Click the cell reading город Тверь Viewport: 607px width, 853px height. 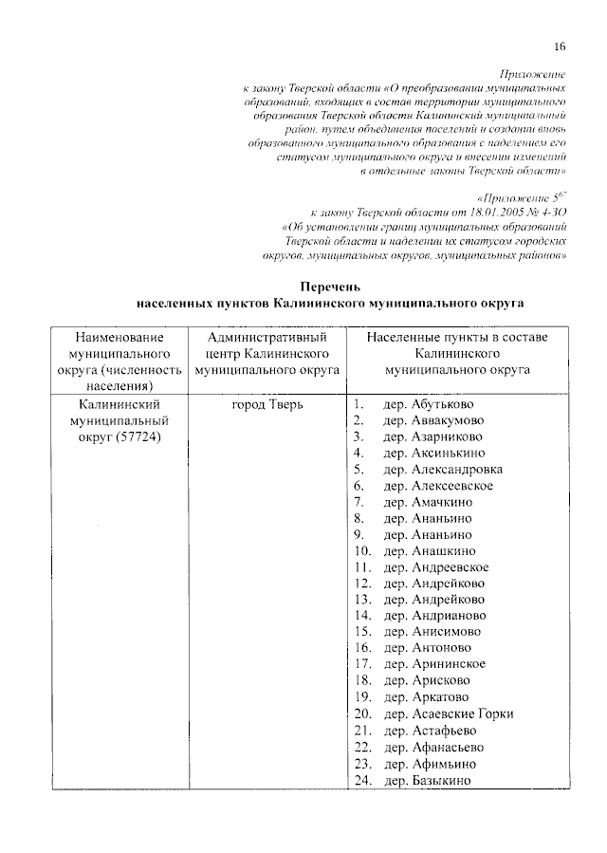[x=267, y=404]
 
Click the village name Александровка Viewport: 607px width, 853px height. [x=457, y=470]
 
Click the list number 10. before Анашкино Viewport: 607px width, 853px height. [x=361, y=551]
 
